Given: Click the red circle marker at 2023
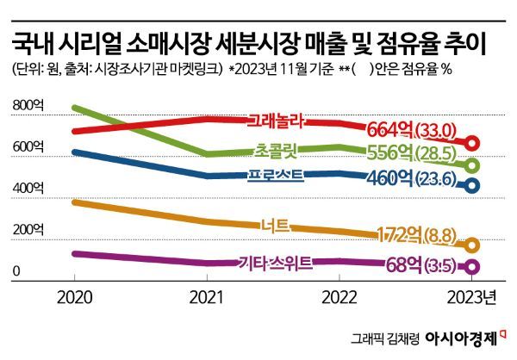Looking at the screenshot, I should pyautogui.click(x=472, y=144).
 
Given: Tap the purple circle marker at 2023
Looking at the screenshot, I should pyautogui.click(x=472, y=268).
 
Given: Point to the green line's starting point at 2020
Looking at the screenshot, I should pyautogui.click(x=75, y=109).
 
